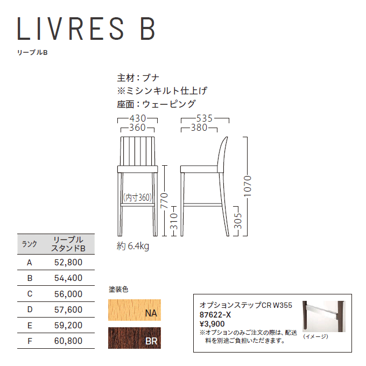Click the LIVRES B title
coord(86,28)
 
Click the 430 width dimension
coord(138,118)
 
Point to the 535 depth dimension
coord(205,118)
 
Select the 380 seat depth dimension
coord(199,128)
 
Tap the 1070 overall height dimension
coord(248,186)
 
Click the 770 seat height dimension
coord(164,201)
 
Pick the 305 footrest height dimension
coord(238,221)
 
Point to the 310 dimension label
coord(174,221)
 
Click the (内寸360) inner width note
coord(137,198)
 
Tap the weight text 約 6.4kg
coord(133,246)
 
